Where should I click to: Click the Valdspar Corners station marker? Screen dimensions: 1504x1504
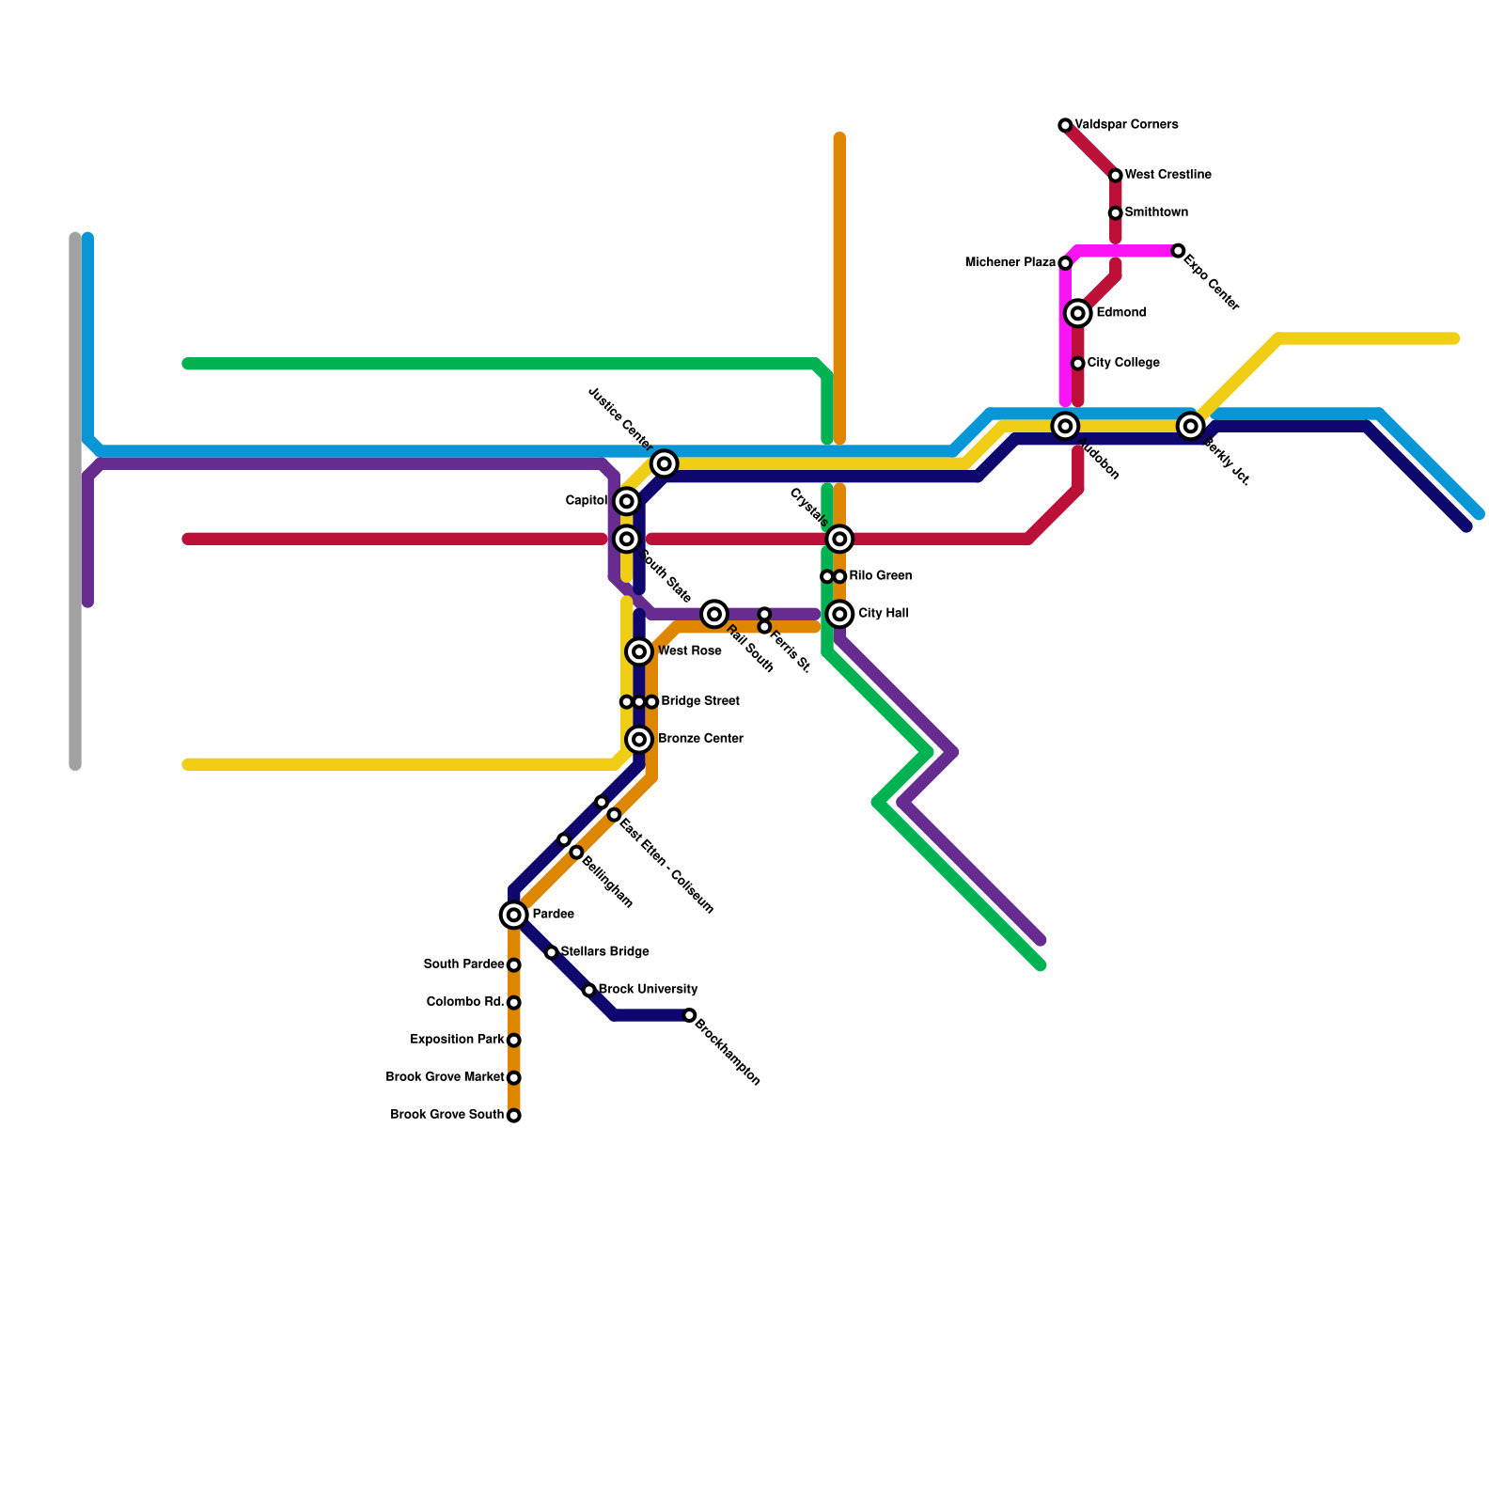pyautogui.click(x=1065, y=126)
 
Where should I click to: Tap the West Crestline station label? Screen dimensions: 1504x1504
pyautogui.click(x=1167, y=175)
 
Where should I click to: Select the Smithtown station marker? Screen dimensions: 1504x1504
pyautogui.click(x=1115, y=213)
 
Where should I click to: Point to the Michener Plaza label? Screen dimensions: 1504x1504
pyautogui.click(x=1010, y=262)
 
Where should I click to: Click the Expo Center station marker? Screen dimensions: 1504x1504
pyautogui.click(x=1178, y=251)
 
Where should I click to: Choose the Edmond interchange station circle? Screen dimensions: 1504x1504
pyautogui.click(x=1078, y=313)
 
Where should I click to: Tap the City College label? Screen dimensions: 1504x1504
pyautogui.click(x=1123, y=363)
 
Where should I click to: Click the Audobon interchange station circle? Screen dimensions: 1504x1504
pyautogui.click(x=1065, y=427)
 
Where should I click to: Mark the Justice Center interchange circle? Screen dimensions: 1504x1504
pyautogui.click(x=665, y=463)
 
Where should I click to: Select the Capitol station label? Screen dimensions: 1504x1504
pyautogui.click(x=587, y=501)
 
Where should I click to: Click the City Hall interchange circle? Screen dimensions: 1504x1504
pyautogui.click(x=840, y=614)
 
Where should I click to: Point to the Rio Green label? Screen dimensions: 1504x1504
pyautogui.click(x=880, y=576)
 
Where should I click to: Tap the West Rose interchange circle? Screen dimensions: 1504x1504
pyautogui.click(x=639, y=651)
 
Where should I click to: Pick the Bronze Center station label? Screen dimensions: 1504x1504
pyautogui.click(x=700, y=739)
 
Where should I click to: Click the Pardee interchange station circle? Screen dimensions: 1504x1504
pyautogui.click(x=513, y=915)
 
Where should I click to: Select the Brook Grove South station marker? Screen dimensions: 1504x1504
pyautogui.click(x=513, y=1116)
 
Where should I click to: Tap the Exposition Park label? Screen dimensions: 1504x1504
pyautogui.click(x=458, y=1040)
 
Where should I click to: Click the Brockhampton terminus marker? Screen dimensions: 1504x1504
pyautogui.click(x=690, y=1015)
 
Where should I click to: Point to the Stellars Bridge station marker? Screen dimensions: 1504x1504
pyautogui.click(x=552, y=953)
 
